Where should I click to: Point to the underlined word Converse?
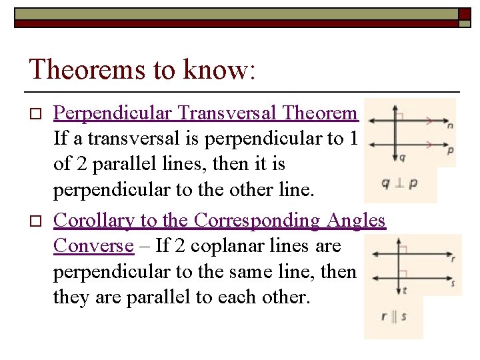tap(93, 246)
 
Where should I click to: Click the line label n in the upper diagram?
tap(451, 125)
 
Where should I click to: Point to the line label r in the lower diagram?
tap(453, 259)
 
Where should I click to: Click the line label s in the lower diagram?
tap(453, 283)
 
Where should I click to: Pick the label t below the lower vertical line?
tap(405, 290)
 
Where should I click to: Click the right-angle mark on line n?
tap(400, 116)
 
